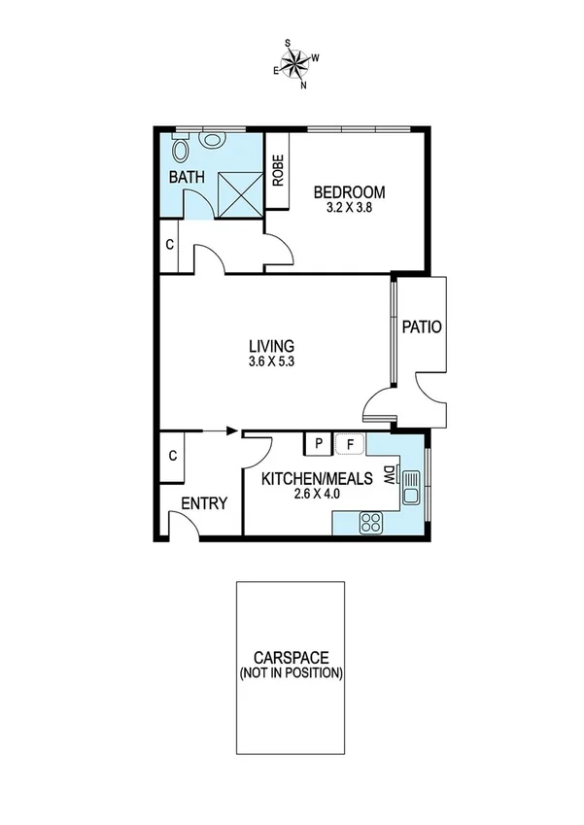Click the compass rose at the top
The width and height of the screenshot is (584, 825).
point(297,65)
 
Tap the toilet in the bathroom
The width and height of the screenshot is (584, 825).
point(181,150)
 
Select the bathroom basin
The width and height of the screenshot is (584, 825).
point(212,140)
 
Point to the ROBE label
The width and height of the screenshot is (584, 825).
point(277,172)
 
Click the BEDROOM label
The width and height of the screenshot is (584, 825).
point(349,191)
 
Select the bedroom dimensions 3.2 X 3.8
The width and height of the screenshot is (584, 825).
point(349,207)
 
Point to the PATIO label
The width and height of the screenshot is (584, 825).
point(422,327)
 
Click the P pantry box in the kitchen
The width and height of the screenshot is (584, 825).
point(318,445)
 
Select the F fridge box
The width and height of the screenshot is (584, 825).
point(350,445)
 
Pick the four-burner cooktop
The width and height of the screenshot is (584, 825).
point(370,523)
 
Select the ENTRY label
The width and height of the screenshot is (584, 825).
point(204,503)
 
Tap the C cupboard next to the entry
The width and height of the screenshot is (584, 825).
point(172,456)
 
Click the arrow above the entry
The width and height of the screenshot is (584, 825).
point(230,431)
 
